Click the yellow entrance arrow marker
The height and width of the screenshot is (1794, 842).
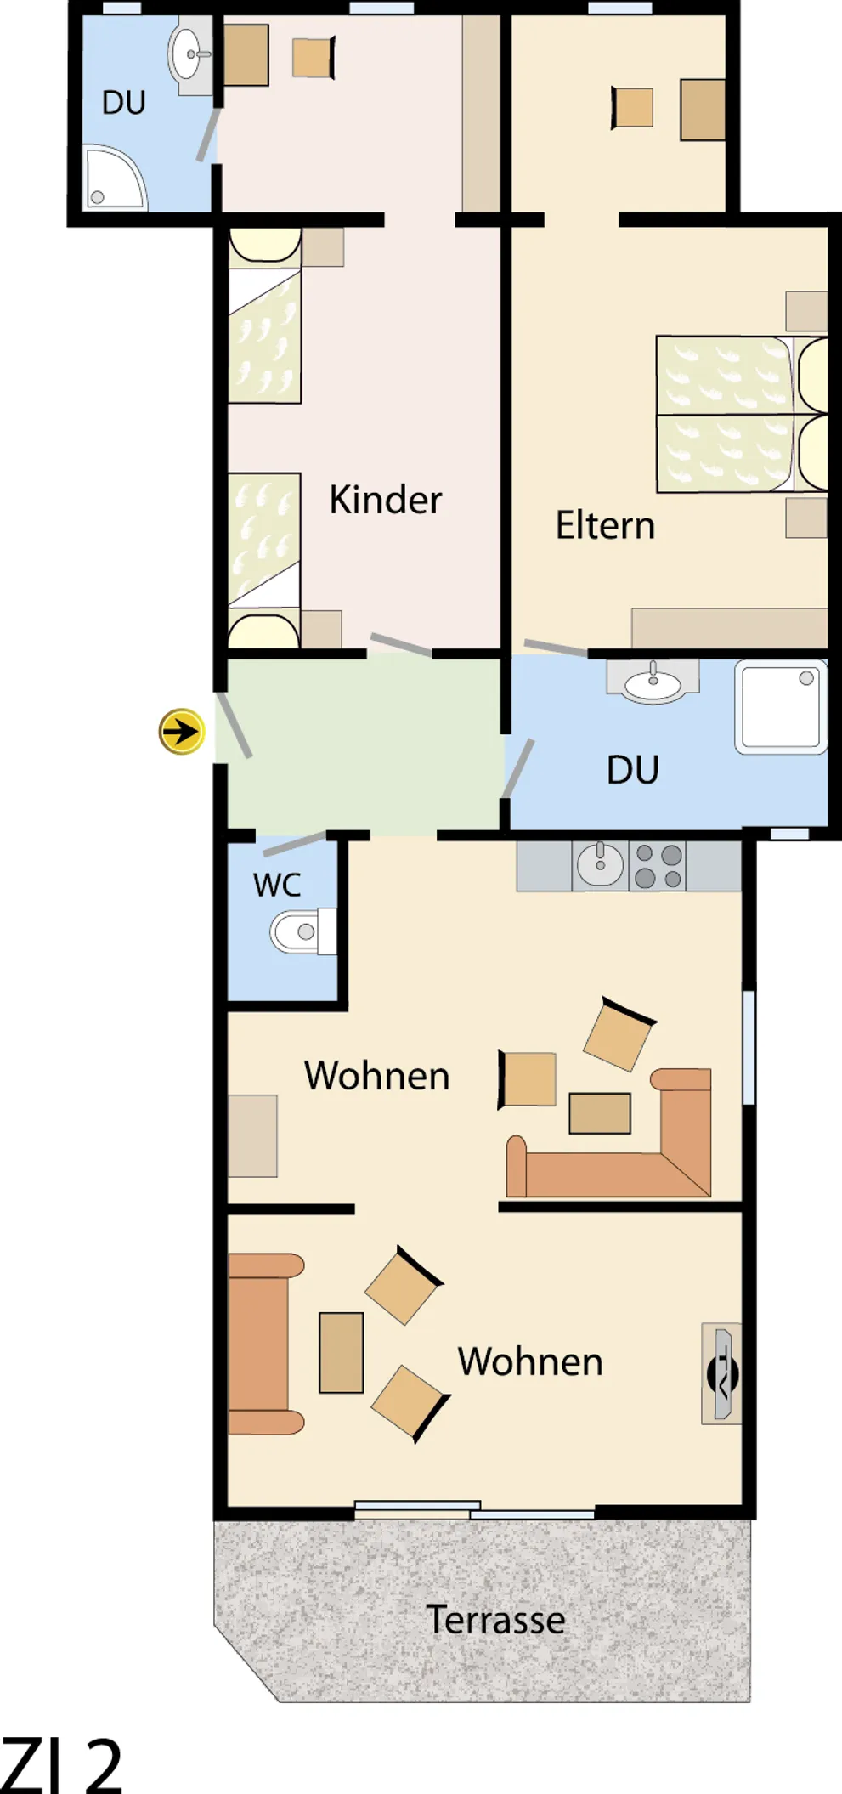pyautogui.click(x=181, y=731)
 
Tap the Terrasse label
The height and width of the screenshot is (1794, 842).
pyautogui.click(x=495, y=1620)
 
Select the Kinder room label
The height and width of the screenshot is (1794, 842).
pyautogui.click(x=385, y=500)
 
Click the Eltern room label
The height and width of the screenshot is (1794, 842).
pyautogui.click(x=605, y=525)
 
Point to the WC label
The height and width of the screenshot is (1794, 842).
pyautogui.click(x=277, y=885)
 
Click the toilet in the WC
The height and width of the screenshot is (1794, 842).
pyautogui.click(x=302, y=931)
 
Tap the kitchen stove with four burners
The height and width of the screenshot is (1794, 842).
pyautogui.click(x=658, y=866)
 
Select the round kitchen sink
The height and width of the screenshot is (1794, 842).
pyautogui.click(x=600, y=865)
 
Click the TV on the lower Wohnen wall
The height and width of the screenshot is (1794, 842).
pyautogui.click(x=722, y=1374)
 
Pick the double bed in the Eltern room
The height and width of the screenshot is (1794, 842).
pyautogui.click(x=742, y=414)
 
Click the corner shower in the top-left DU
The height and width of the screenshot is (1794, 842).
pyautogui.click(x=115, y=178)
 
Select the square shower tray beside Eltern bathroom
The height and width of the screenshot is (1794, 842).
pyautogui.click(x=781, y=707)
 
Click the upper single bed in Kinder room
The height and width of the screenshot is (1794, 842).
pyautogui.click(x=264, y=315)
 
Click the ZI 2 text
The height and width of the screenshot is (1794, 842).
pyautogui.click(x=61, y=1765)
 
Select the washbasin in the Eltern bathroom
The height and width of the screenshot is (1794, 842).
pyautogui.click(x=653, y=682)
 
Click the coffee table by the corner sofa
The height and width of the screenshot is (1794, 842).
pyautogui.click(x=600, y=1113)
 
